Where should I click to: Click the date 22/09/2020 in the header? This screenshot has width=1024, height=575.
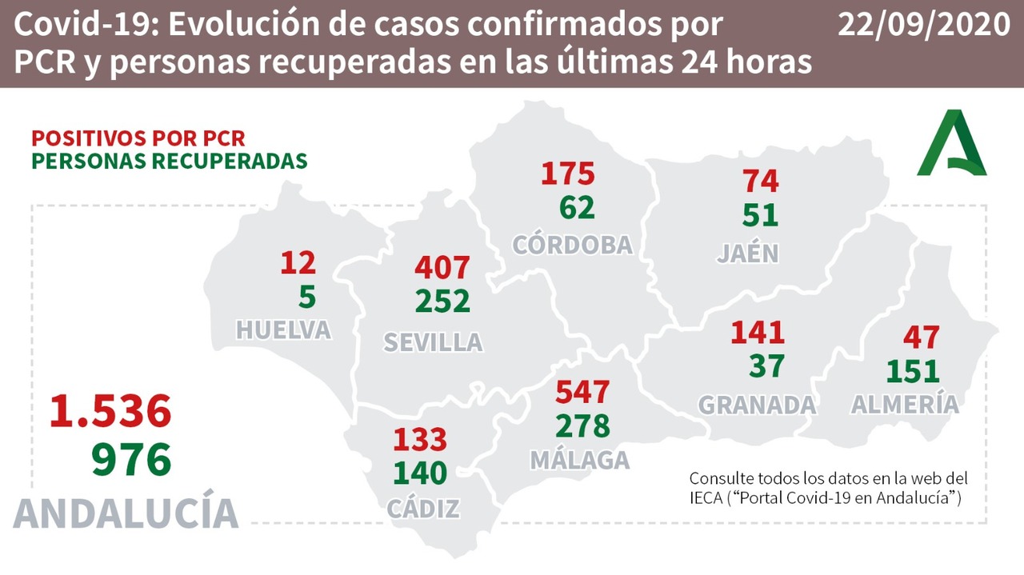(x=923, y=26)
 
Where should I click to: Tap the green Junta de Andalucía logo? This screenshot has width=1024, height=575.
(x=952, y=144)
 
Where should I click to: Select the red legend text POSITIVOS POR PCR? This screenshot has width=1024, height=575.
(x=138, y=138)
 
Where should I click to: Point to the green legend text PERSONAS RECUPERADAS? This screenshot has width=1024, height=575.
(x=170, y=160)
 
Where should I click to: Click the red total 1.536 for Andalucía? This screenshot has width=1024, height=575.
(x=110, y=411)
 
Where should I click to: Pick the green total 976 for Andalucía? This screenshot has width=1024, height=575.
(x=132, y=460)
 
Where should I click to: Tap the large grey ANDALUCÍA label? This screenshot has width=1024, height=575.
(x=126, y=513)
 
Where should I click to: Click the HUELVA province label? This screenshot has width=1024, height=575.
(x=283, y=329)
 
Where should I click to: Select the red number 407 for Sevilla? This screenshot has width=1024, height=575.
(x=442, y=267)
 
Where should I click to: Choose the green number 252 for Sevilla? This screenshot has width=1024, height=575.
(x=442, y=301)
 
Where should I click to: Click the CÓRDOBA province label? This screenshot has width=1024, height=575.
(x=573, y=244)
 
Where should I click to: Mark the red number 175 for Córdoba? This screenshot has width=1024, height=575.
(x=568, y=173)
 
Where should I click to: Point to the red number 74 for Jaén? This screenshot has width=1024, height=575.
(x=760, y=181)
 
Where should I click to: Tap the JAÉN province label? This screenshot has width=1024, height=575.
(x=748, y=253)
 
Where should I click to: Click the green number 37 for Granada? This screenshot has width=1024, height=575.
(x=766, y=365)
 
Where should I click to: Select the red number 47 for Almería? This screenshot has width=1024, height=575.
(x=921, y=337)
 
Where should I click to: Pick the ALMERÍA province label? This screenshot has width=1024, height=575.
(x=905, y=404)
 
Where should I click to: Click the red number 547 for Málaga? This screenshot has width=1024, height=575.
(x=582, y=392)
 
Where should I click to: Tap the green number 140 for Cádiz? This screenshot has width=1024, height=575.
(x=420, y=473)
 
